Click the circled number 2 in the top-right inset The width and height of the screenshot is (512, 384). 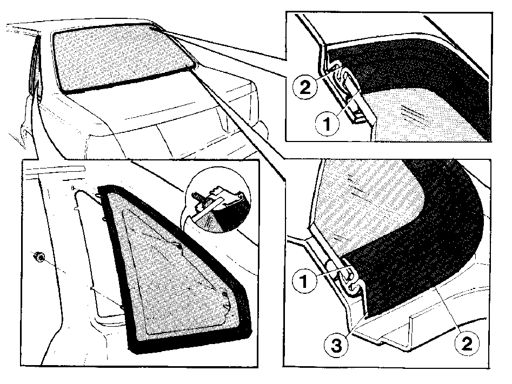[305, 87]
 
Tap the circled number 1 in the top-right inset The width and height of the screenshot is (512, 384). [327, 124]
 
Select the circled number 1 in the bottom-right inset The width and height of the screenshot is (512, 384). [304, 281]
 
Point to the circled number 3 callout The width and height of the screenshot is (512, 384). [336, 346]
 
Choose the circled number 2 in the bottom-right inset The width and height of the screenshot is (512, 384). [468, 343]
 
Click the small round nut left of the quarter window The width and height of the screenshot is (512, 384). [39, 257]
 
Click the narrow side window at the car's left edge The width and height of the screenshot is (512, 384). [35, 65]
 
